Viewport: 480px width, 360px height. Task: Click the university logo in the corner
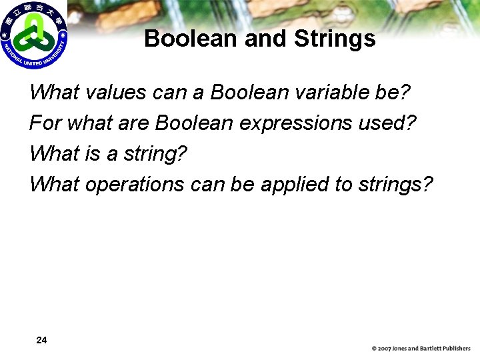[34, 35]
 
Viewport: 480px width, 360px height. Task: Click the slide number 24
[41, 341]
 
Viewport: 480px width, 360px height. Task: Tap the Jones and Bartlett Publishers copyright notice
[421, 349]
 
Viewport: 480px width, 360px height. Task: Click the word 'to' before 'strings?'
[343, 184]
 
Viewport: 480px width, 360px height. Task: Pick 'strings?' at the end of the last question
[395, 184]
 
